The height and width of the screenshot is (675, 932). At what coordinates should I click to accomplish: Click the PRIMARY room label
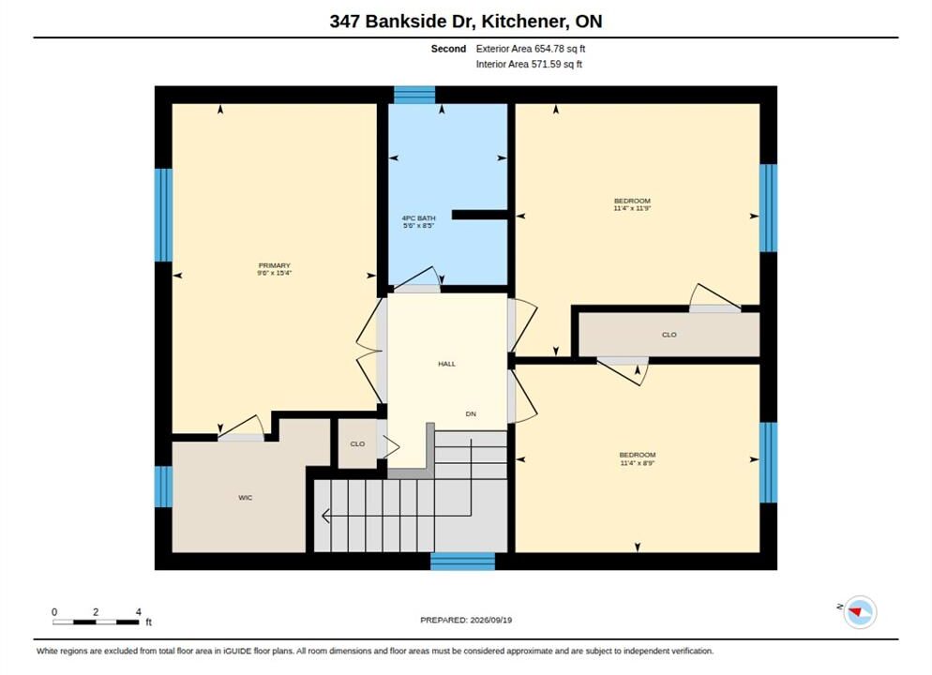(274, 265)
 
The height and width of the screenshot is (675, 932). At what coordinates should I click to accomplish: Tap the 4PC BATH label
(418, 218)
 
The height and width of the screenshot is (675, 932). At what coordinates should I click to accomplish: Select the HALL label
(447, 364)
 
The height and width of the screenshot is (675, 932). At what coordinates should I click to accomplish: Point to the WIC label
(245, 497)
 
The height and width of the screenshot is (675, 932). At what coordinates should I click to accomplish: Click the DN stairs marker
(471, 413)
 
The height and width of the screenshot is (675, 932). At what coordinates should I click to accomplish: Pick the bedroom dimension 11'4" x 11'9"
(632, 208)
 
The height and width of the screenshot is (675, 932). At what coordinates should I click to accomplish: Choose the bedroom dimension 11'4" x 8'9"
(638, 463)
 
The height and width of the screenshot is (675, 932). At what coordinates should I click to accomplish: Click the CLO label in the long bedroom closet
(669, 335)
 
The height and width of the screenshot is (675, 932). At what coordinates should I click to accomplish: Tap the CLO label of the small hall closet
(357, 443)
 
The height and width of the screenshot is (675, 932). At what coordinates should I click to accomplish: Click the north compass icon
(860, 611)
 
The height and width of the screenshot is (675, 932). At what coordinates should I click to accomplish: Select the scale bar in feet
(97, 622)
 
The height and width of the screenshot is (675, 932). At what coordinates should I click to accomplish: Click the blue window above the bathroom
(414, 95)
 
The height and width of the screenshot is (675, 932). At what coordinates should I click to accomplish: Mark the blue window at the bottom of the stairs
(462, 562)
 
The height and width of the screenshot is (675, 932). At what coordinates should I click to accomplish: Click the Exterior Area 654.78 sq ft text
(530, 49)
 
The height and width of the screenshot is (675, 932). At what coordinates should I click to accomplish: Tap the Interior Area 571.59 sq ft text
(529, 64)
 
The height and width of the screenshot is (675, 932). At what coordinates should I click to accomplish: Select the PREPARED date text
(466, 620)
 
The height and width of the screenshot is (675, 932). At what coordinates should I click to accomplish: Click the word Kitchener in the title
(522, 22)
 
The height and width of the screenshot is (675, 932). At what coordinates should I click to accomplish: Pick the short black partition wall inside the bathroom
(480, 215)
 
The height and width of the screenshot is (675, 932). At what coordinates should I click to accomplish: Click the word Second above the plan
(448, 49)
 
